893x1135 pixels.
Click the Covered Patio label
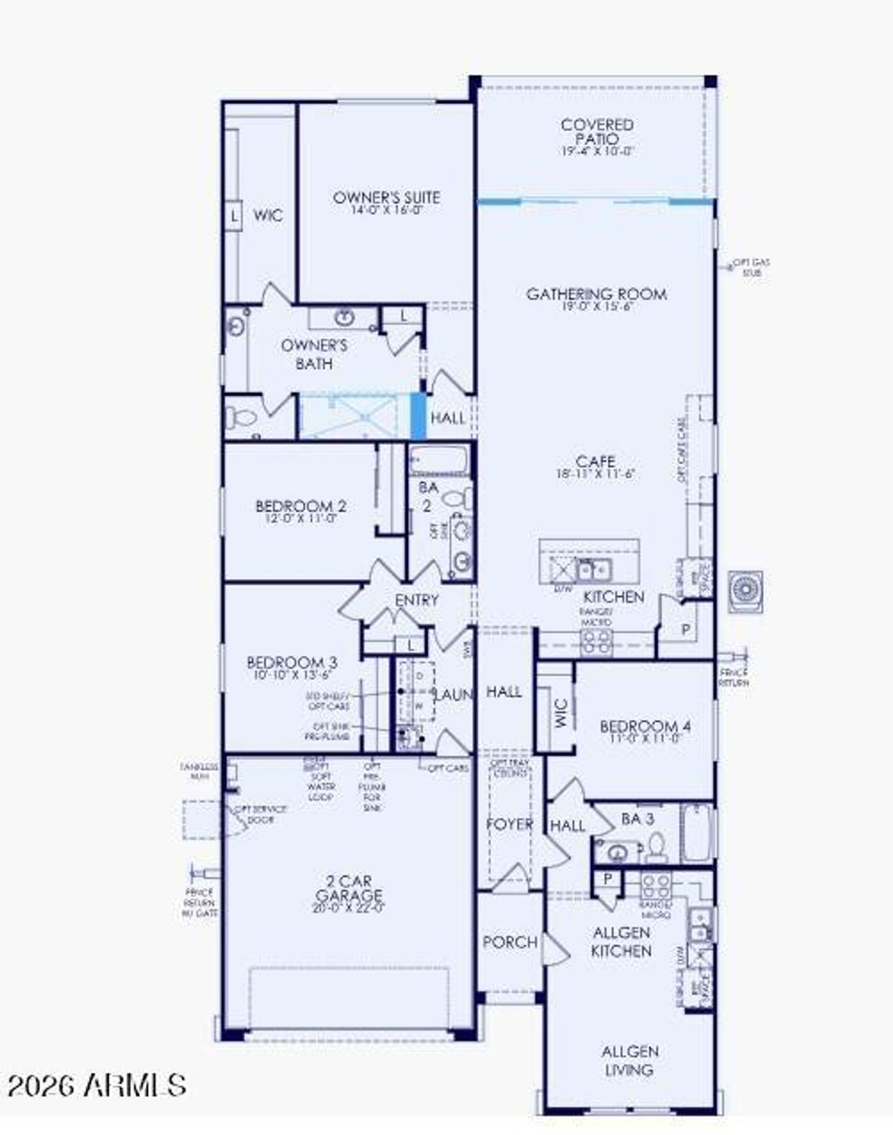(597, 132)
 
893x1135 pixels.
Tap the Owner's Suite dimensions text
(387, 210)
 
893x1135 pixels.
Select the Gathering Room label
(596, 294)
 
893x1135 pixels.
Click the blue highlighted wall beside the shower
(417, 416)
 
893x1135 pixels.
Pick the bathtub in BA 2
(439, 460)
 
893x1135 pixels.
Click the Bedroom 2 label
(301, 506)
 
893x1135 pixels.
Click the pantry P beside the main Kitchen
(686, 630)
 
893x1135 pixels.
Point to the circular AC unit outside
(744, 592)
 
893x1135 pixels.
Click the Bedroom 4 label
(645, 726)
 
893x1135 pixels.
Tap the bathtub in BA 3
(696, 832)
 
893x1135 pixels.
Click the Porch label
(510, 942)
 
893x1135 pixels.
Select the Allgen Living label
(629, 1060)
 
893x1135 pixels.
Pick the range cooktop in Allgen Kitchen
(656, 887)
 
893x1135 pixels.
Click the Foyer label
(509, 824)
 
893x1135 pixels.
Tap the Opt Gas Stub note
(751, 268)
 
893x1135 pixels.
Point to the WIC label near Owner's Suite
(268, 215)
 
